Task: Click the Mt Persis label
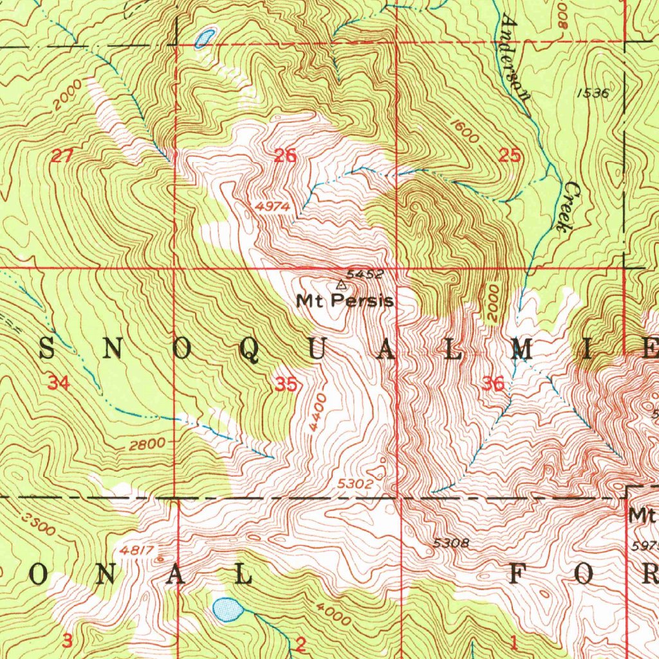click(345, 301)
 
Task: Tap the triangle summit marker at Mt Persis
click(341, 284)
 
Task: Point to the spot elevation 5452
click(365, 274)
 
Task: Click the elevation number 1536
click(593, 93)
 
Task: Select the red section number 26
click(285, 155)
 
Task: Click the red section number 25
click(510, 155)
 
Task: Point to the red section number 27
click(63, 155)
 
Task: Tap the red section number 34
click(59, 384)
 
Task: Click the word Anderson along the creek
click(516, 59)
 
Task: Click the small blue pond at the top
click(205, 38)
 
